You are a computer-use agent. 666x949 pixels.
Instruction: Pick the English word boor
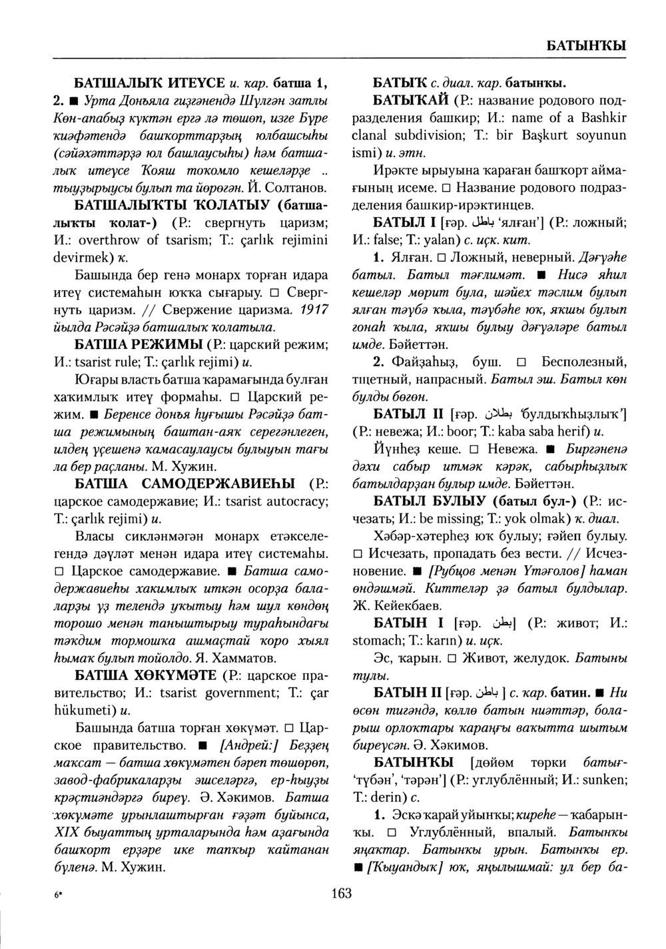point(470,430)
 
